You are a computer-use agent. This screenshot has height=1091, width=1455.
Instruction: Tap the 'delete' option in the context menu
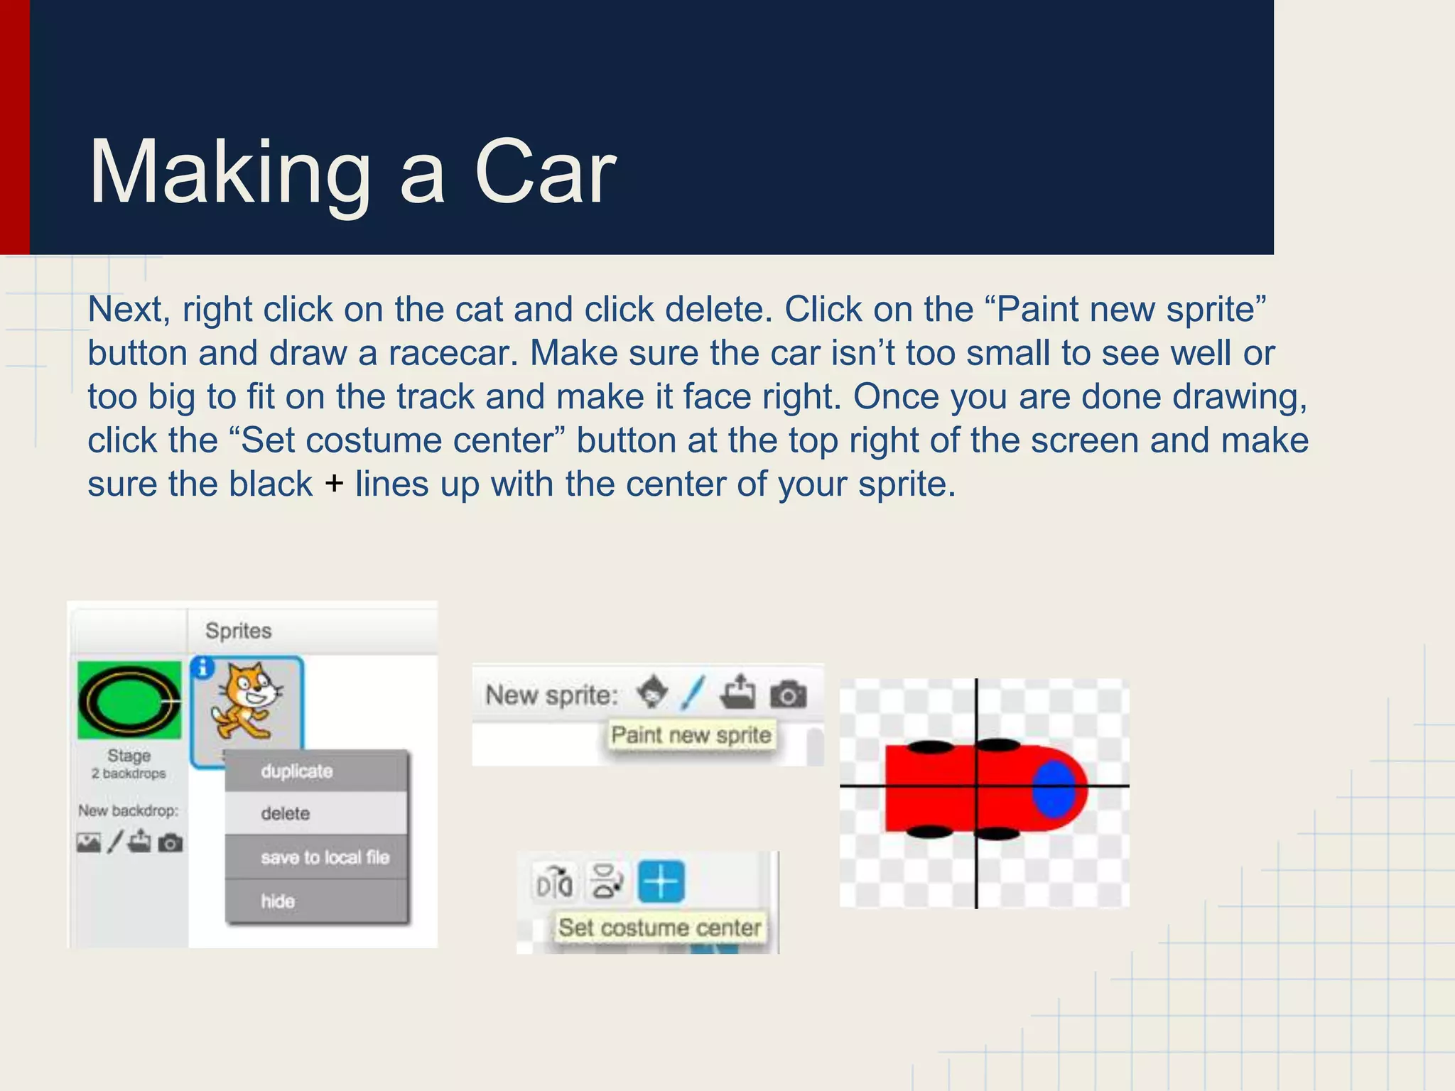click(x=285, y=813)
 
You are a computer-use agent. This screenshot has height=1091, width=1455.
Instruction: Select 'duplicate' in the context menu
click(x=296, y=771)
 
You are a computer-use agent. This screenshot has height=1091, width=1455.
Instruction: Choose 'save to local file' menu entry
click(x=325, y=857)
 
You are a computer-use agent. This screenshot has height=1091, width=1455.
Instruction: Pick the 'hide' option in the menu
click(x=278, y=901)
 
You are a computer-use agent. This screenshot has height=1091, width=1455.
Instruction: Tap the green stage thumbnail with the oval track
click(x=129, y=700)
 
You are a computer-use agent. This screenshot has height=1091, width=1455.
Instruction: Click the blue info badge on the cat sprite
click(x=203, y=668)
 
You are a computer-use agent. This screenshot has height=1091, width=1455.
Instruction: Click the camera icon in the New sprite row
click(x=788, y=694)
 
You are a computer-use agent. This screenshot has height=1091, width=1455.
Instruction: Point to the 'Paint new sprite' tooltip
click(x=691, y=734)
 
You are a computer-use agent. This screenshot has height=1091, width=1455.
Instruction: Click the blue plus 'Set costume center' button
click(x=661, y=881)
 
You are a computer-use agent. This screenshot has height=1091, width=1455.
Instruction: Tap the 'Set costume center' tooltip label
click(x=659, y=928)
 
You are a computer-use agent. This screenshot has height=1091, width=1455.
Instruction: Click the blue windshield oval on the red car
click(x=1054, y=788)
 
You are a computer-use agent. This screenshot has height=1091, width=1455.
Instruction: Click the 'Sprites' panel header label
click(x=239, y=631)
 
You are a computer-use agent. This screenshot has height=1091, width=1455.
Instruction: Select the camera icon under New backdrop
click(x=171, y=843)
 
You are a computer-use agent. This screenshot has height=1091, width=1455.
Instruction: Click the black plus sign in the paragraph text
click(x=334, y=484)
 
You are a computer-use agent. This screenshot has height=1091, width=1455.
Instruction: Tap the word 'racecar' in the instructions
click(x=453, y=353)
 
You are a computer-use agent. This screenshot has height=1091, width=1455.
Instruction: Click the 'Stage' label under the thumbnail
click(x=129, y=756)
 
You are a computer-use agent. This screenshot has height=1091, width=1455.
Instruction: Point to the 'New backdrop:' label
click(x=129, y=810)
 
